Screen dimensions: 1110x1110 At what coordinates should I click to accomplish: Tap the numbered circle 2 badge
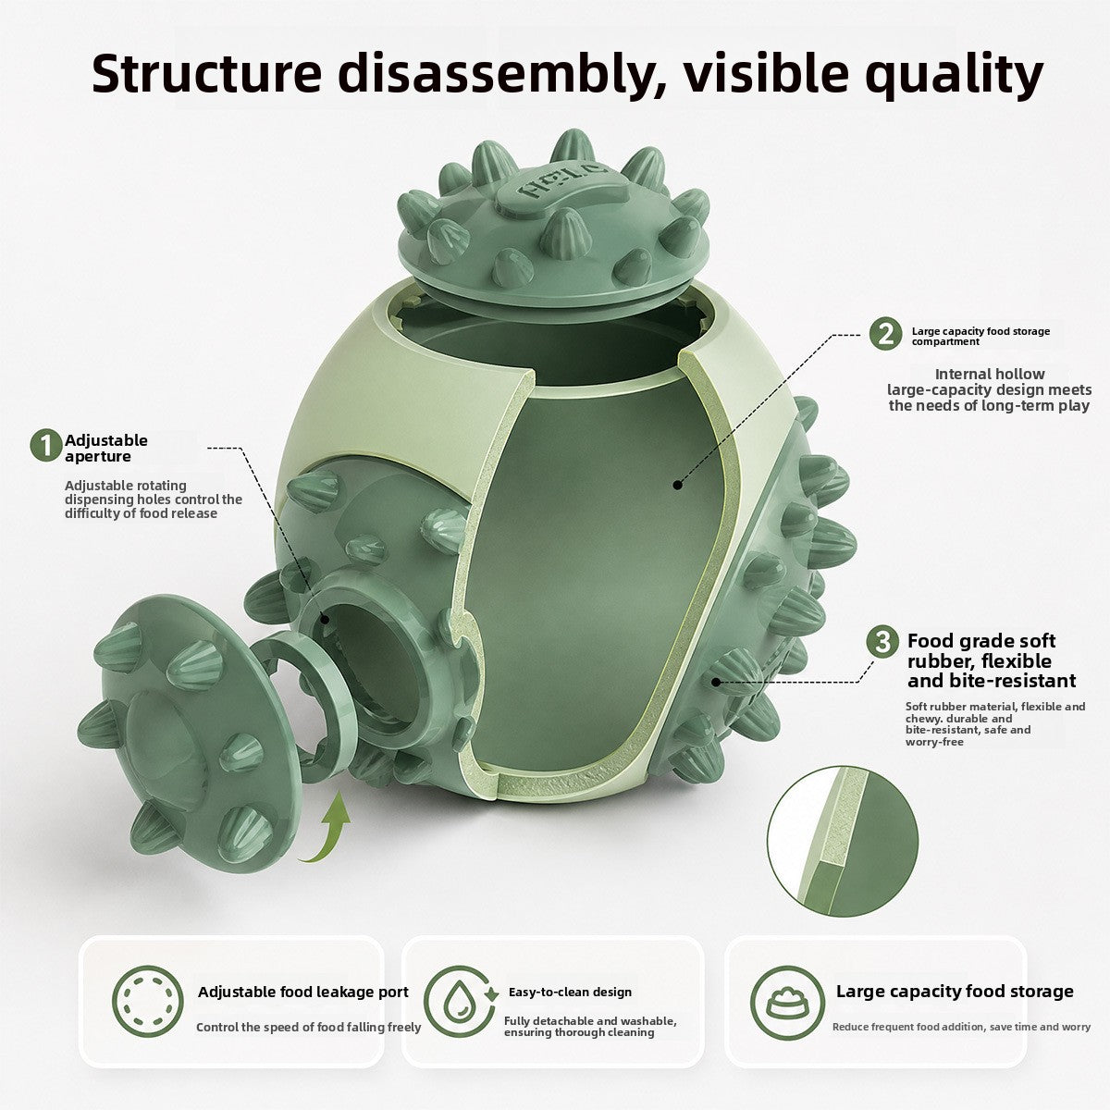coord(885,334)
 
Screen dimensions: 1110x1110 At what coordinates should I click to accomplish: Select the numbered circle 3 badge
coord(882,641)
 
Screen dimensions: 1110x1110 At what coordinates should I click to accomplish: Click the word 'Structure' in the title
coord(207,73)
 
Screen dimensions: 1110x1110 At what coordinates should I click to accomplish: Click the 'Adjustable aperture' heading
coord(106,448)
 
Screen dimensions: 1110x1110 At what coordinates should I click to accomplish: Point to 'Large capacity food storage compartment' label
coord(980,337)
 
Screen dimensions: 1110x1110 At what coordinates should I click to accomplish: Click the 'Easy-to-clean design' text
coord(570,992)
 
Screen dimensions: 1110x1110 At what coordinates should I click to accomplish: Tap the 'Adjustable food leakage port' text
coord(303,992)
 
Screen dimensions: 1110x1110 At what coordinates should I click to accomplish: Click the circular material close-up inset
coord(843,842)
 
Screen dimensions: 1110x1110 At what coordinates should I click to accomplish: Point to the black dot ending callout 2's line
coord(678,485)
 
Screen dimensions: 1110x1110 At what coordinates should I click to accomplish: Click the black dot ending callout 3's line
coord(715,682)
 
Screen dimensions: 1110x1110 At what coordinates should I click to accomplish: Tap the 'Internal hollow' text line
coord(990,374)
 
